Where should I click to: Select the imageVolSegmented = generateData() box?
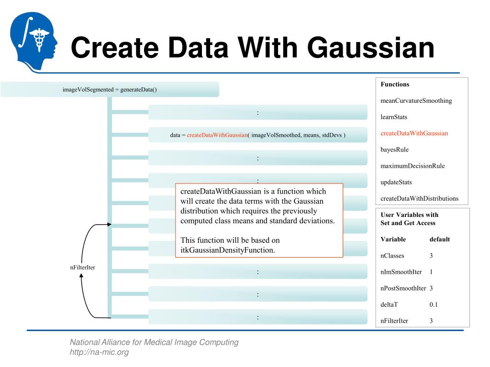click(x=110, y=89)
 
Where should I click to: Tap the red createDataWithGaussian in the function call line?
click(x=217, y=135)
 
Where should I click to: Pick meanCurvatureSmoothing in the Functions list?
click(x=416, y=101)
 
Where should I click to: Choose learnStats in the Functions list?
click(x=394, y=117)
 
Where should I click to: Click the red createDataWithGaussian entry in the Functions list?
click(x=414, y=133)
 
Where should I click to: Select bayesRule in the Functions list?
click(x=394, y=150)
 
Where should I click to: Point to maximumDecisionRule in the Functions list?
click(x=412, y=166)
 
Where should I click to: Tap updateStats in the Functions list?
click(x=396, y=182)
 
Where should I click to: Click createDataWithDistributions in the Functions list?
click(x=419, y=198)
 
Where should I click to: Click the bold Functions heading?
click(x=395, y=84)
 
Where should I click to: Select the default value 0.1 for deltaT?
click(x=434, y=304)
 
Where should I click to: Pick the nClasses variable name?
click(x=392, y=256)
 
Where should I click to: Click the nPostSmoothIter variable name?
click(x=403, y=288)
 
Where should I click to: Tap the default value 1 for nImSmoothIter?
click(x=431, y=272)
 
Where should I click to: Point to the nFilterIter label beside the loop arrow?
click(x=82, y=267)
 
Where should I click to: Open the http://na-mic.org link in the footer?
click(x=99, y=353)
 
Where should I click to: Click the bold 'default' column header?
click(x=439, y=239)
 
